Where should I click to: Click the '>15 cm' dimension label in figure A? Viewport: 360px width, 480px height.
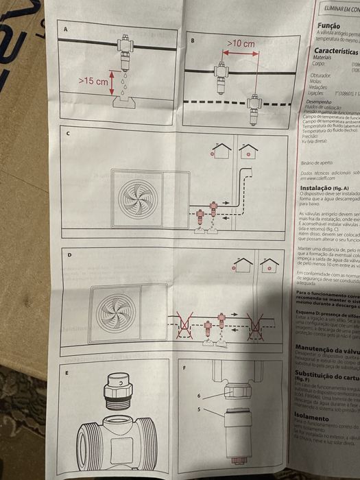coord(93,81)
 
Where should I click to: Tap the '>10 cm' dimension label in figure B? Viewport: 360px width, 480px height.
coord(241,43)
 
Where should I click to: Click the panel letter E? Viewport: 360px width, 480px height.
coord(67,375)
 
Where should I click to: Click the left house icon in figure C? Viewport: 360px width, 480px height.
coord(221,151)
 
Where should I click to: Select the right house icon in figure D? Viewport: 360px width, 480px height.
coord(269,265)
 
